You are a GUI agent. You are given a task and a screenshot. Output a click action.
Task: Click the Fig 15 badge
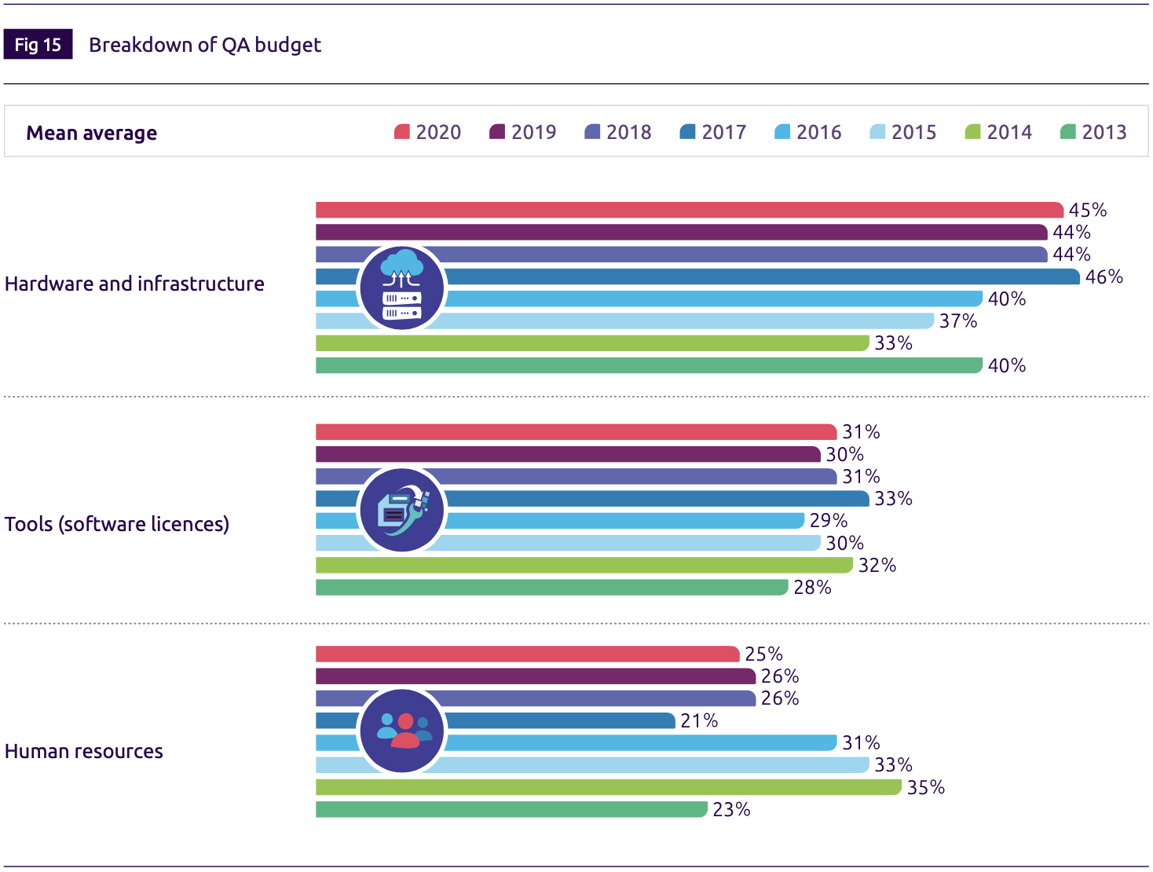pos(38,45)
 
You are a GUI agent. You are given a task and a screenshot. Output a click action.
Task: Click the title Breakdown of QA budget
pos(204,45)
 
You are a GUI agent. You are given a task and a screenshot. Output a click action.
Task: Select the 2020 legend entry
pos(427,132)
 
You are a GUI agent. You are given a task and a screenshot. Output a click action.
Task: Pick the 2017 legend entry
pos(713,132)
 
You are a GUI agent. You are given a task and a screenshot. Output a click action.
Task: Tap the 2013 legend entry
pos(1093,132)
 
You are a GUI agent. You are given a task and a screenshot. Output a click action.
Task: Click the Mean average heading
pos(91,133)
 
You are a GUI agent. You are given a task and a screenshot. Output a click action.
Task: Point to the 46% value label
pos(1104,277)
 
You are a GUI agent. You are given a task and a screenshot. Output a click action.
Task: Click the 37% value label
pos(958,321)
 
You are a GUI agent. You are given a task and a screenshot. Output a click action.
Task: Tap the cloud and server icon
pos(402,287)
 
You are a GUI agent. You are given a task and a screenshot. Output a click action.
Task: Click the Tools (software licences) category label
pos(117,524)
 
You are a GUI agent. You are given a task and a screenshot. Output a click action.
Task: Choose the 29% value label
pos(829,521)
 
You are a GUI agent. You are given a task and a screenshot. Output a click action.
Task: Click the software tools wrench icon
pos(402,510)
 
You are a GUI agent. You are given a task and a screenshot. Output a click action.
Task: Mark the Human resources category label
pos(84,751)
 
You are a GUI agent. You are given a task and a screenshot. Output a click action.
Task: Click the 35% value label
pos(925,787)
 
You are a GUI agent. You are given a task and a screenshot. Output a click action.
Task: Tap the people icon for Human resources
pos(402,731)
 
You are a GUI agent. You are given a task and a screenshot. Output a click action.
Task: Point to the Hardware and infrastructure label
pos(134,284)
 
